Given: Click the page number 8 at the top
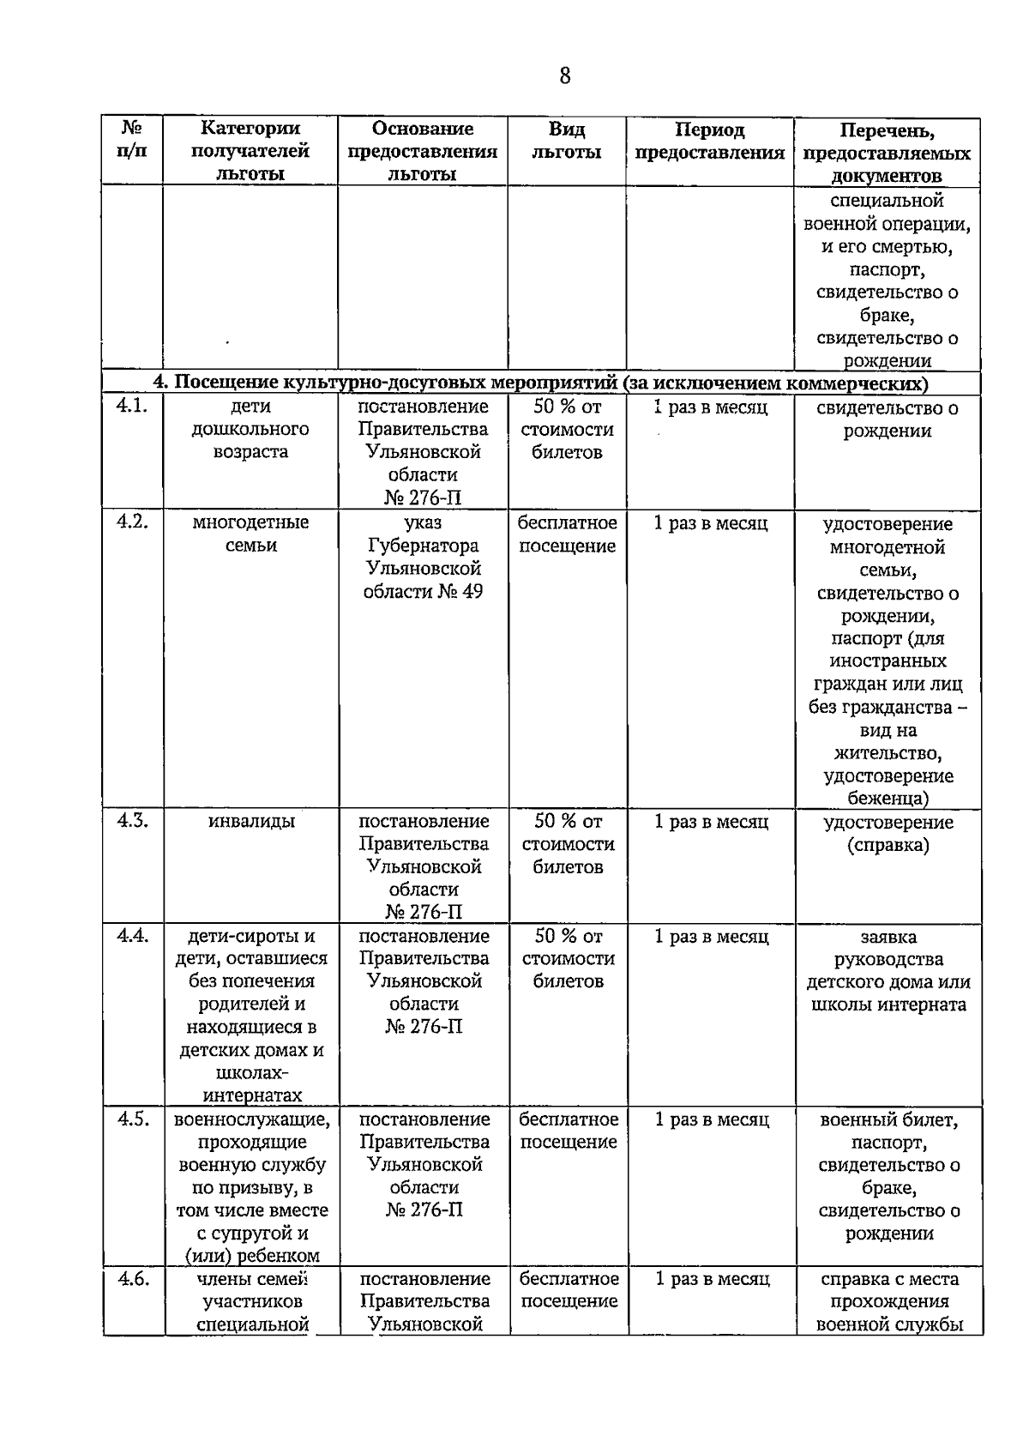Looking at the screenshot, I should click(x=564, y=75).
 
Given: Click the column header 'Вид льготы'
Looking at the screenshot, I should click(x=566, y=141).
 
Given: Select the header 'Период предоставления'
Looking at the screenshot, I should click(x=709, y=141).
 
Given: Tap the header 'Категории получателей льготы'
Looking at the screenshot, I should click(x=250, y=151).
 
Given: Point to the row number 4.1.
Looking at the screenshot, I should click(x=132, y=407).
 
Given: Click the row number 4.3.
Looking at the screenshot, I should click(x=132, y=821).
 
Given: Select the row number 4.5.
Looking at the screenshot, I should click(x=133, y=1119).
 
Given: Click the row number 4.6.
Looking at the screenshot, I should click(x=133, y=1278).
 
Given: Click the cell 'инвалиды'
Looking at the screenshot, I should click(x=251, y=822).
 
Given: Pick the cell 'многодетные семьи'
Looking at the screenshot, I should click(x=250, y=534).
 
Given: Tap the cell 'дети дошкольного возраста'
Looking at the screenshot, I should click(x=250, y=429).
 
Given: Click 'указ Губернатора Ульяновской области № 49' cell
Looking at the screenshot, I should click(x=423, y=557).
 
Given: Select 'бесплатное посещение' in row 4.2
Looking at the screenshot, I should click(x=567, y=534).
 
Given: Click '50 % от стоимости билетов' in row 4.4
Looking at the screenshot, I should click(x=568, y=958).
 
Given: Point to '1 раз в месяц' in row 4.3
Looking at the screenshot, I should click(x=711, y=822).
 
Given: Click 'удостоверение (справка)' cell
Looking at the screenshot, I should click(x=888, y=833).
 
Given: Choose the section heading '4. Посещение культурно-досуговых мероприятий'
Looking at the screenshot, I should click(x=540, y=383).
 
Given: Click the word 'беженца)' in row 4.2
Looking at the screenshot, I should click(x=888, y=798).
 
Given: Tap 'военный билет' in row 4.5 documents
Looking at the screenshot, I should click(x=888, y=1119).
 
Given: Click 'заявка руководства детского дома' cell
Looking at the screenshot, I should click(x=888, y=970).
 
